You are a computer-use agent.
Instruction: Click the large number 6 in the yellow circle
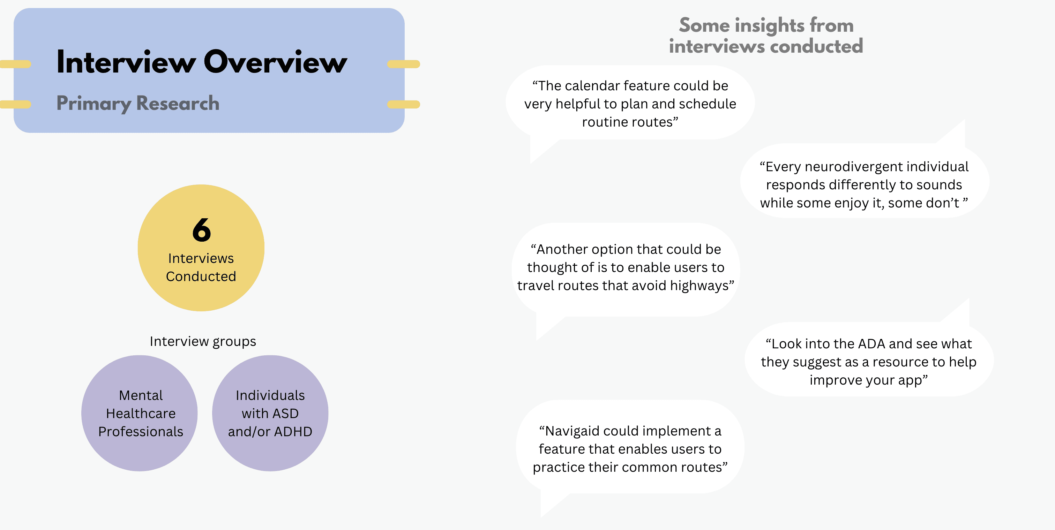pos(202,230)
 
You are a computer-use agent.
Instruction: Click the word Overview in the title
pos(275,62)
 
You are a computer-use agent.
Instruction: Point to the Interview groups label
pos(203,341)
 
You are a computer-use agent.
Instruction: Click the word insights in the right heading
pos(770,25)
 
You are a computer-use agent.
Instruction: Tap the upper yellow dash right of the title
pos(403,64)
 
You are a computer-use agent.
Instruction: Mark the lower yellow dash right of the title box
pos(403,104)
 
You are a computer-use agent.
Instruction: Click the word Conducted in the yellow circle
pos(201,277)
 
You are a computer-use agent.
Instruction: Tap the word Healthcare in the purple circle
pos(141,414)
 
